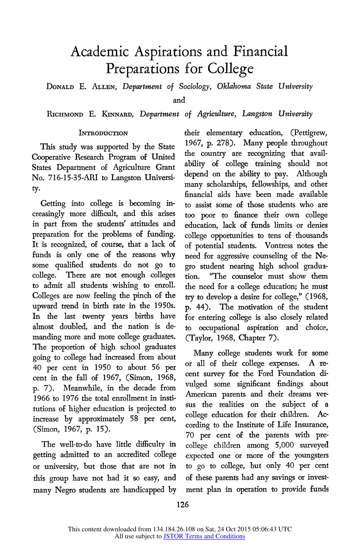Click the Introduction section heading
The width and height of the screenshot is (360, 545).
(103, 133)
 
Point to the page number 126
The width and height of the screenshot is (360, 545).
(182, 505)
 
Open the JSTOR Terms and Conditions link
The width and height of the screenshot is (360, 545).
(204, 536)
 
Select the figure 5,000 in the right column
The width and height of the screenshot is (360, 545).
(284, 445)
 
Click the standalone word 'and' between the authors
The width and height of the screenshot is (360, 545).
(179, 100)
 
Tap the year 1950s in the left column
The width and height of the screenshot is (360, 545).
(164, 306)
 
